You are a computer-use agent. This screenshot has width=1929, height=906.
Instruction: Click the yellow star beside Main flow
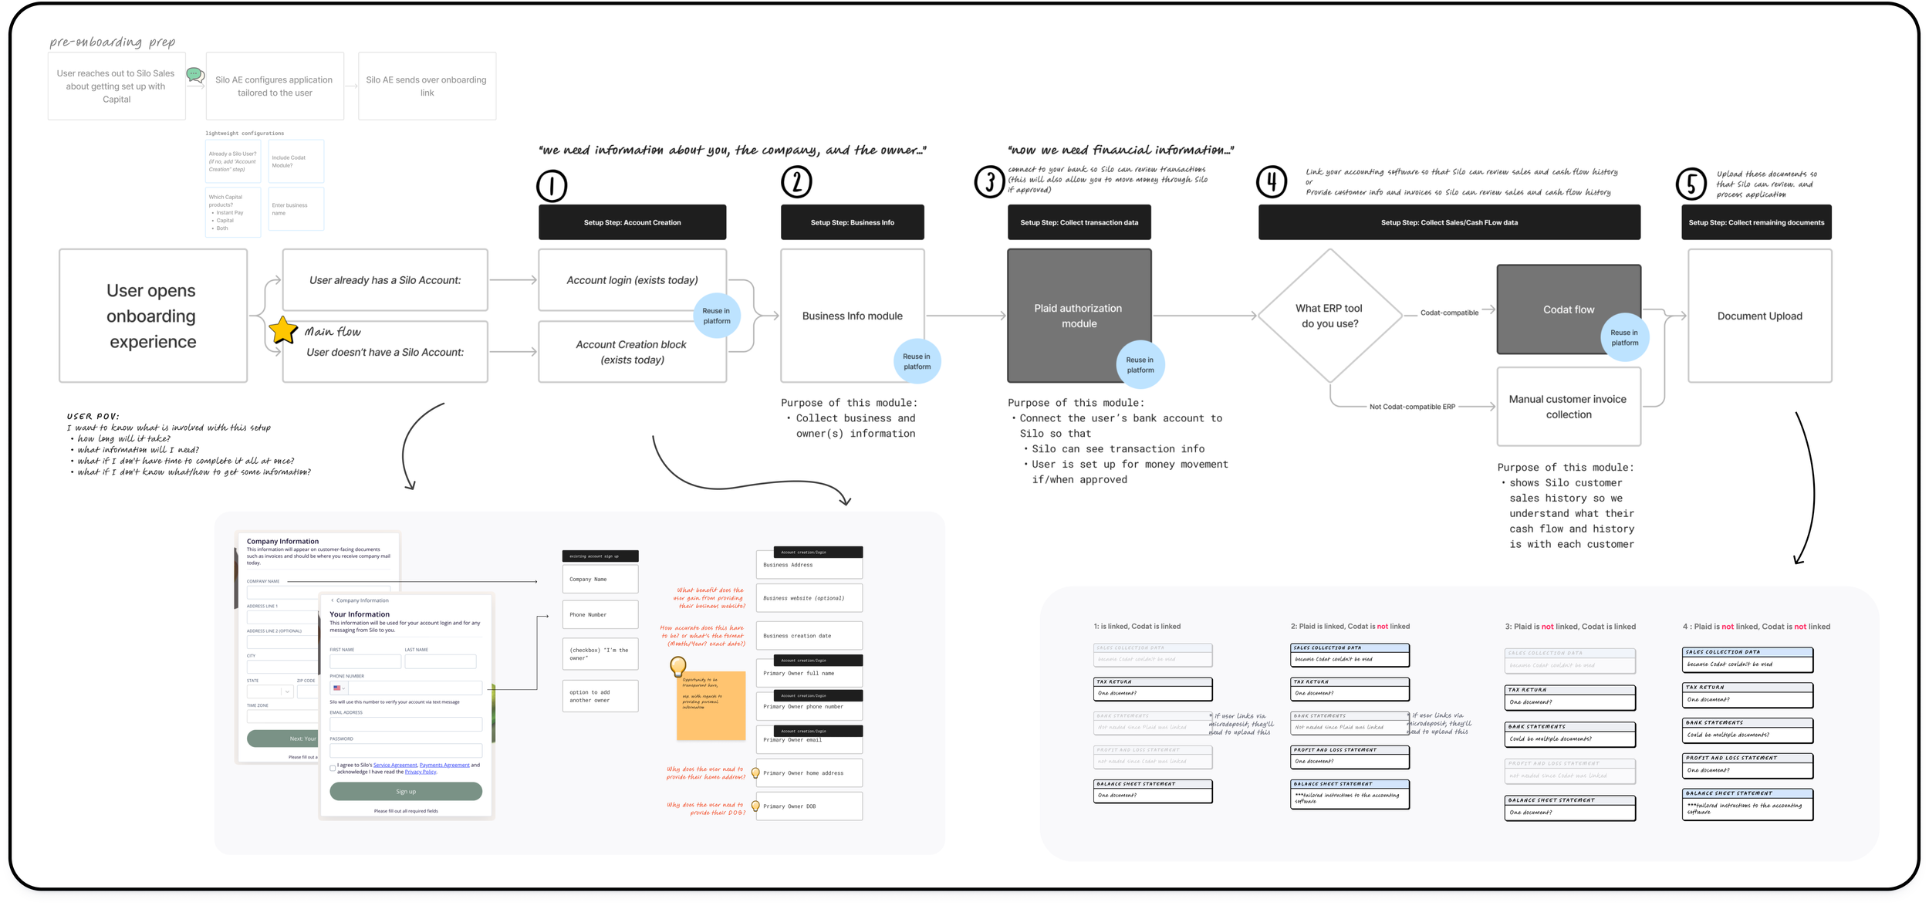(x=283, y=330)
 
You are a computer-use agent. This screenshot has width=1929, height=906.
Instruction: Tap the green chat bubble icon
(x=195, y=75)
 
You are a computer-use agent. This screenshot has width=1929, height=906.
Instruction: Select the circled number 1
(x=552, y=186)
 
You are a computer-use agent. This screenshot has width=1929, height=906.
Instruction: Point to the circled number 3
(x=988, y=182)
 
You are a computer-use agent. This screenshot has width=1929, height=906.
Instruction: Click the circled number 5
(x=1691, y=184)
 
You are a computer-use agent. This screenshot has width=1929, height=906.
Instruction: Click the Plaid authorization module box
(x=1079, y=315)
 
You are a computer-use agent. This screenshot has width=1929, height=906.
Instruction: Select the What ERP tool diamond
(x=1329, y=316)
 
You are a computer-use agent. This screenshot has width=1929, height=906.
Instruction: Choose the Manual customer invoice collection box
(x=1568, y=407)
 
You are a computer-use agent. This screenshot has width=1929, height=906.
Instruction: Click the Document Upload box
(x=1759, y=316)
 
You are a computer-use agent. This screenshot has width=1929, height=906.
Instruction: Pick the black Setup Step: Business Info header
(x=852, y=222)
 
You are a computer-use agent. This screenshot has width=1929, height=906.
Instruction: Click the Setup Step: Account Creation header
(x=632, y=222)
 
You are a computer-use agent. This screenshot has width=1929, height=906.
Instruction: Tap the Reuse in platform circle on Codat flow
(x=1624, y=337)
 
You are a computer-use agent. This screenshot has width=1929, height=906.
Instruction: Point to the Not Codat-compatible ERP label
(x=1412, y=407)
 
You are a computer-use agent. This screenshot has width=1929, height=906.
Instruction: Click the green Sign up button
(x=406, y=791)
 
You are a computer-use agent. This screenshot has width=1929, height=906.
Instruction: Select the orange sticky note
(x=711, y=705)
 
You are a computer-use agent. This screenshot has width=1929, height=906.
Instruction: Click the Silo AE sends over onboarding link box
(x=427, y=86)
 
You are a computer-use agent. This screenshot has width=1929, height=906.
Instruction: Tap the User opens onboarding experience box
(x=153, y=316)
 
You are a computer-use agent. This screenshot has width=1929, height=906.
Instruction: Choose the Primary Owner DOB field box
(x=809, y=806)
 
